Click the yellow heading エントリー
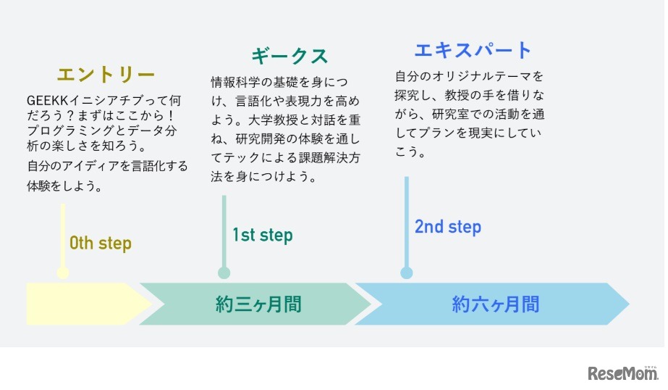[106, 75]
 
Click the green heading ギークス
[289, 56]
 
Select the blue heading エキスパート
[473, 50]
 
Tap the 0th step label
[101, 243]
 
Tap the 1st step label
[263, 235]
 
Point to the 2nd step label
[447, 226]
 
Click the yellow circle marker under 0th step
[63, 273]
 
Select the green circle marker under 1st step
[224, 273]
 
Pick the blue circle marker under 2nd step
[407, 273]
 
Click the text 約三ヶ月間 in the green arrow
[258, 304]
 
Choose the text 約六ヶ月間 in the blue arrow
[496, 304]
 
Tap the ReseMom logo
[622, 373]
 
